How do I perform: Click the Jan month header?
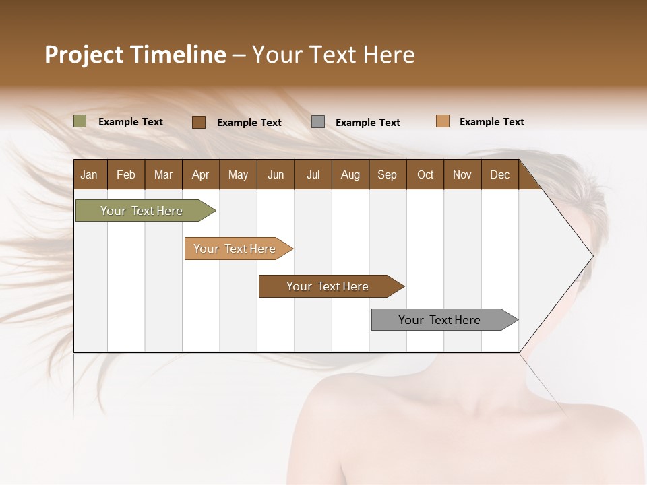point(89,174)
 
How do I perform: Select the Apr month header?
point(201,174)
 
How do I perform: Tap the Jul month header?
point(313,174)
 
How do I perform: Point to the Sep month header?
point(387,174)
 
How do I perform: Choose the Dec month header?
point(499,174)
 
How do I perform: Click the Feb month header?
point(126,174)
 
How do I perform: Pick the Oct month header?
point(425,174)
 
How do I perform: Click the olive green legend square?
point(80,121)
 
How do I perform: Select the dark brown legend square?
point(199,122)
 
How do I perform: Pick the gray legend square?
point(318,122)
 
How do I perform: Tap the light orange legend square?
point(443,121)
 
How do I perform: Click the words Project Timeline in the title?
point(135,55)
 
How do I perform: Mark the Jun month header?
point(276,174)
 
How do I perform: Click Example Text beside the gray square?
point(368,123)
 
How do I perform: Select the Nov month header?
point(462,174)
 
